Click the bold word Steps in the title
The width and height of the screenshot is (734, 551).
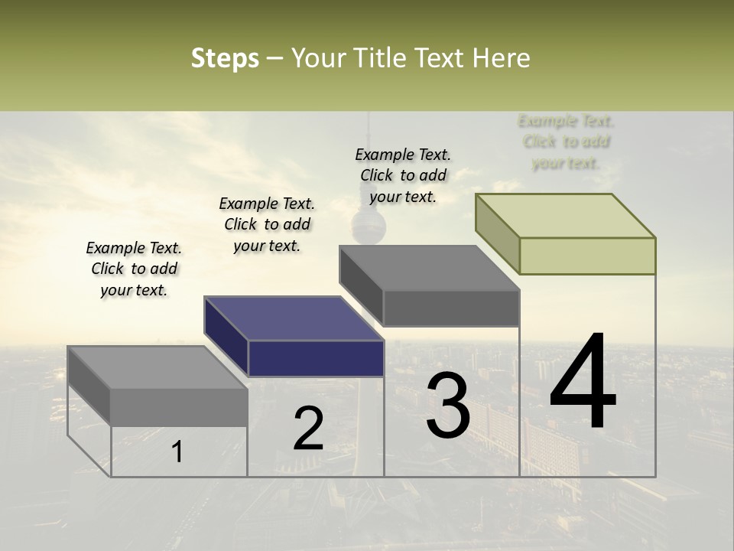225,58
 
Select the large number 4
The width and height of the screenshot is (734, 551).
583,383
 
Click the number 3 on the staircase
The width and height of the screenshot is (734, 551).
448,406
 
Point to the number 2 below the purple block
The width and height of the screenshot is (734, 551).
308,429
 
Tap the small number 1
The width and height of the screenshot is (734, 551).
177,452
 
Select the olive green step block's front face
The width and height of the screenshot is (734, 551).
587,256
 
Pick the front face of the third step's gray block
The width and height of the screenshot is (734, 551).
451,308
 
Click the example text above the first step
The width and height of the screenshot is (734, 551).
134,269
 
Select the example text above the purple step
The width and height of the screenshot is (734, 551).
267,224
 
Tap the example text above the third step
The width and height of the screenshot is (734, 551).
403,175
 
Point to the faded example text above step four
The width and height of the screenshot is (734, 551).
566,142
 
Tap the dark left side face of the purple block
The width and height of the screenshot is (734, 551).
226,337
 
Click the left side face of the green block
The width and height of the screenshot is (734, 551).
497,233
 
